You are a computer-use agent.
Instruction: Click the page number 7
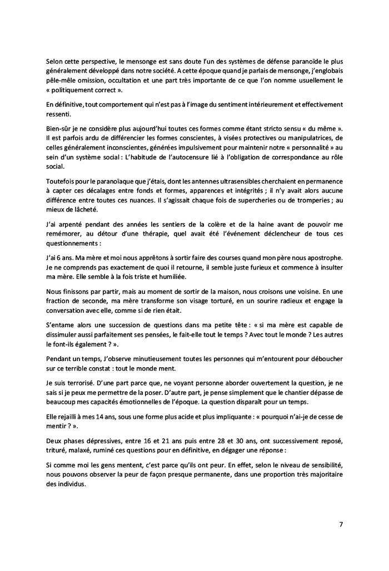coord(341,524)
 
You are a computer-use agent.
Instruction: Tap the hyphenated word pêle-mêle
coord(61,81)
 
